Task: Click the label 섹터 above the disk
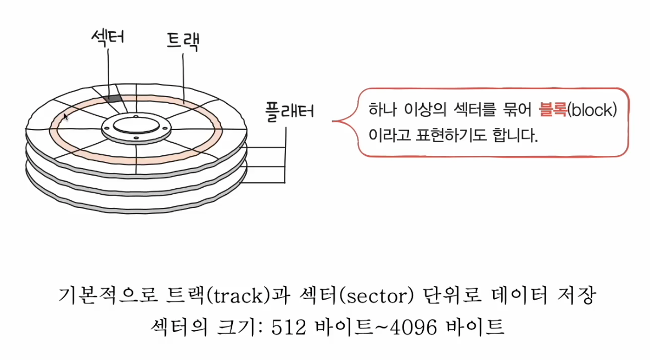coord(109,37)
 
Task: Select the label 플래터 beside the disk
coord(290,110)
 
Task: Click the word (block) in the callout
coord(592,110)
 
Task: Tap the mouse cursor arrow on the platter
coord(66,117)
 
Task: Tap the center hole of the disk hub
coord(135,126)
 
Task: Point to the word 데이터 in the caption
coord(518,297)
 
